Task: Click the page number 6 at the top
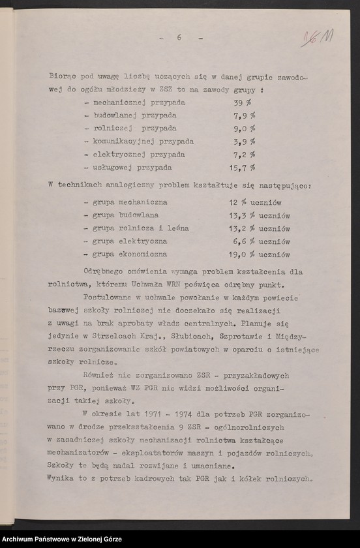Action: tap(179, 38)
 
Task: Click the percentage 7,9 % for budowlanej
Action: tap(244, 115)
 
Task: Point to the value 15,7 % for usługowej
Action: tap(244, 168)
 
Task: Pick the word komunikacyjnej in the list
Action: tap(117, 142)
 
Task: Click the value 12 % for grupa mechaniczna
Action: tap(237, 202)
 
